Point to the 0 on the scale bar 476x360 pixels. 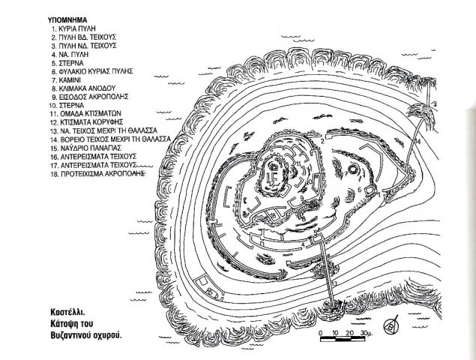click(x=319, y=331)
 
